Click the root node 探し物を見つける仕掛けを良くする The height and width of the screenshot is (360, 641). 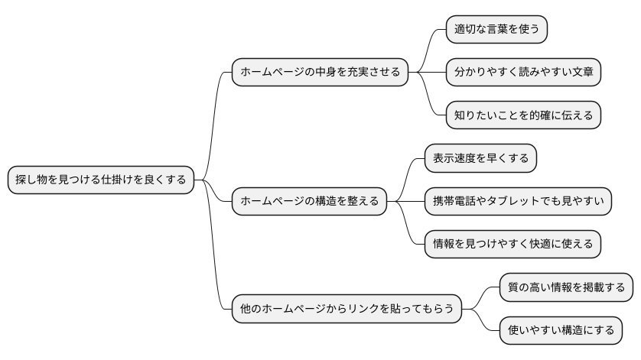pyautogui.click(x=99, y=180)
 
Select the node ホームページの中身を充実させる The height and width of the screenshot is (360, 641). pyautogui.click(x=320, y=72)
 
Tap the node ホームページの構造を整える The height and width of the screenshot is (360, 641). pyautogui.click(x=308, y=201)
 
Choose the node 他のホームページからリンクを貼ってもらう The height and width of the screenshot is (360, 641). pyautogui.click(x=347, y=309)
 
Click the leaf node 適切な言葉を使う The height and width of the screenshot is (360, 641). pyautogui.click(x=497, y=29)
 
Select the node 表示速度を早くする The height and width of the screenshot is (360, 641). pyautogui.click(x=480, y=158)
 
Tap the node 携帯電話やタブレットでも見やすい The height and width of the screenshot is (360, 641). pyautogui.click(x=518, y=201)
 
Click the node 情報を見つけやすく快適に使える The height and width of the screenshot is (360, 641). pyautogui.click(x=512, y=244)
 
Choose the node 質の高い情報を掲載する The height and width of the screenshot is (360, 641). pyautogui.click(x=567, y=287)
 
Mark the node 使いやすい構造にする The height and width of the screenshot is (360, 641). pyautogui.click(x=561, y=330)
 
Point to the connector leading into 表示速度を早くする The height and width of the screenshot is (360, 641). pyautogui.click(x=405, y=177)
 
